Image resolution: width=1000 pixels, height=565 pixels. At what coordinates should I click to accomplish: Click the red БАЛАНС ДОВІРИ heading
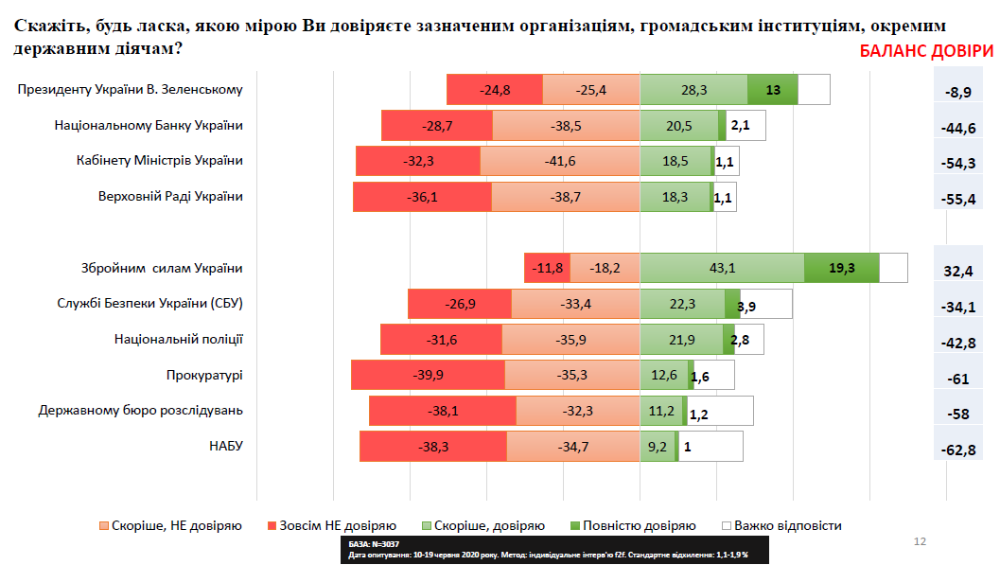point(926,51)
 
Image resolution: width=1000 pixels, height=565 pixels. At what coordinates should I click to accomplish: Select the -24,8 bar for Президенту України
point(495,90)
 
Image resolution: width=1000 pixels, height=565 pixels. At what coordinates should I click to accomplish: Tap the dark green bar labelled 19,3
point(841,268)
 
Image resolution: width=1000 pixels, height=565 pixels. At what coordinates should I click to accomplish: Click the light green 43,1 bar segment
point(722,268)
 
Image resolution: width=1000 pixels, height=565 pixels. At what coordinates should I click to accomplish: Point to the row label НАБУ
point(226,446)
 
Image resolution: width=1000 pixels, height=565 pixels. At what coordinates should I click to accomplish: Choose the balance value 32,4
point(957,271)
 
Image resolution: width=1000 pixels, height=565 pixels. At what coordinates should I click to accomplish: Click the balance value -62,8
point(957,449)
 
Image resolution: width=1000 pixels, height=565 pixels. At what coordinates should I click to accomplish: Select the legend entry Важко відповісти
point(781,525)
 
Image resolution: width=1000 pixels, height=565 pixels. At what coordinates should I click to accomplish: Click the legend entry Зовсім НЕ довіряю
point(331,525)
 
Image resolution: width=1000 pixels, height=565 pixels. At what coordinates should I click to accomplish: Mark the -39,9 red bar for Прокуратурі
point(428,375)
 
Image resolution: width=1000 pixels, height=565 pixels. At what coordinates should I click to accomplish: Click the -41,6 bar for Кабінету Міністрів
point(559,161)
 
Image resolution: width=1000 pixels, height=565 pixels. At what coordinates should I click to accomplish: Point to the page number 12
point(919,541)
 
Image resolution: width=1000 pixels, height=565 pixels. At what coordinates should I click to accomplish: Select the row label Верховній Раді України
point(170,196)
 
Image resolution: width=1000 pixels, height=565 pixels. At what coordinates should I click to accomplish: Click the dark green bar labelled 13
point(772,90)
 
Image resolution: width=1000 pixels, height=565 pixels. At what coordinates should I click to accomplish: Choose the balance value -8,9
point(957,92)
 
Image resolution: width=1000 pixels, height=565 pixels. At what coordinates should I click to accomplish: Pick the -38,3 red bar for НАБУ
point(433,446)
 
